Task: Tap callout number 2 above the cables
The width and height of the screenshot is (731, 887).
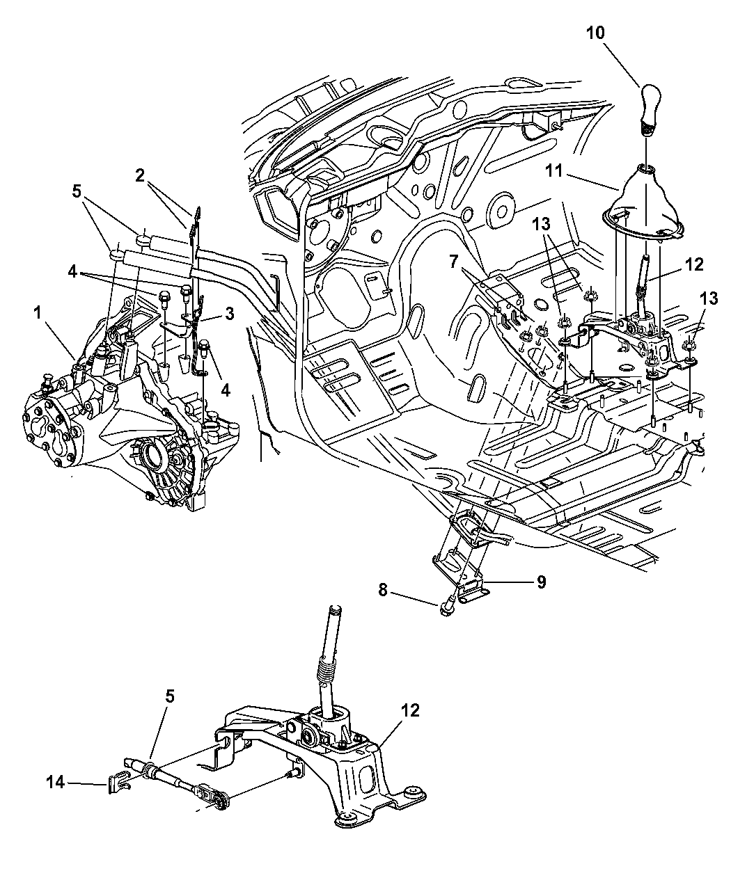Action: click(x=141, y=175)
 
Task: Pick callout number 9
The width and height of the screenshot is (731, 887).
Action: click(x=541, y=582)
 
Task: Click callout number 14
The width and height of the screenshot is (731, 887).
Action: click(x=57, y=783)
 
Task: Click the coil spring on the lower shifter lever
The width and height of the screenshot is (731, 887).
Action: click(x=326, y=671)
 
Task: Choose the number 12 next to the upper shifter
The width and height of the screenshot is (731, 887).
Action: click(x=694, y=264)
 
